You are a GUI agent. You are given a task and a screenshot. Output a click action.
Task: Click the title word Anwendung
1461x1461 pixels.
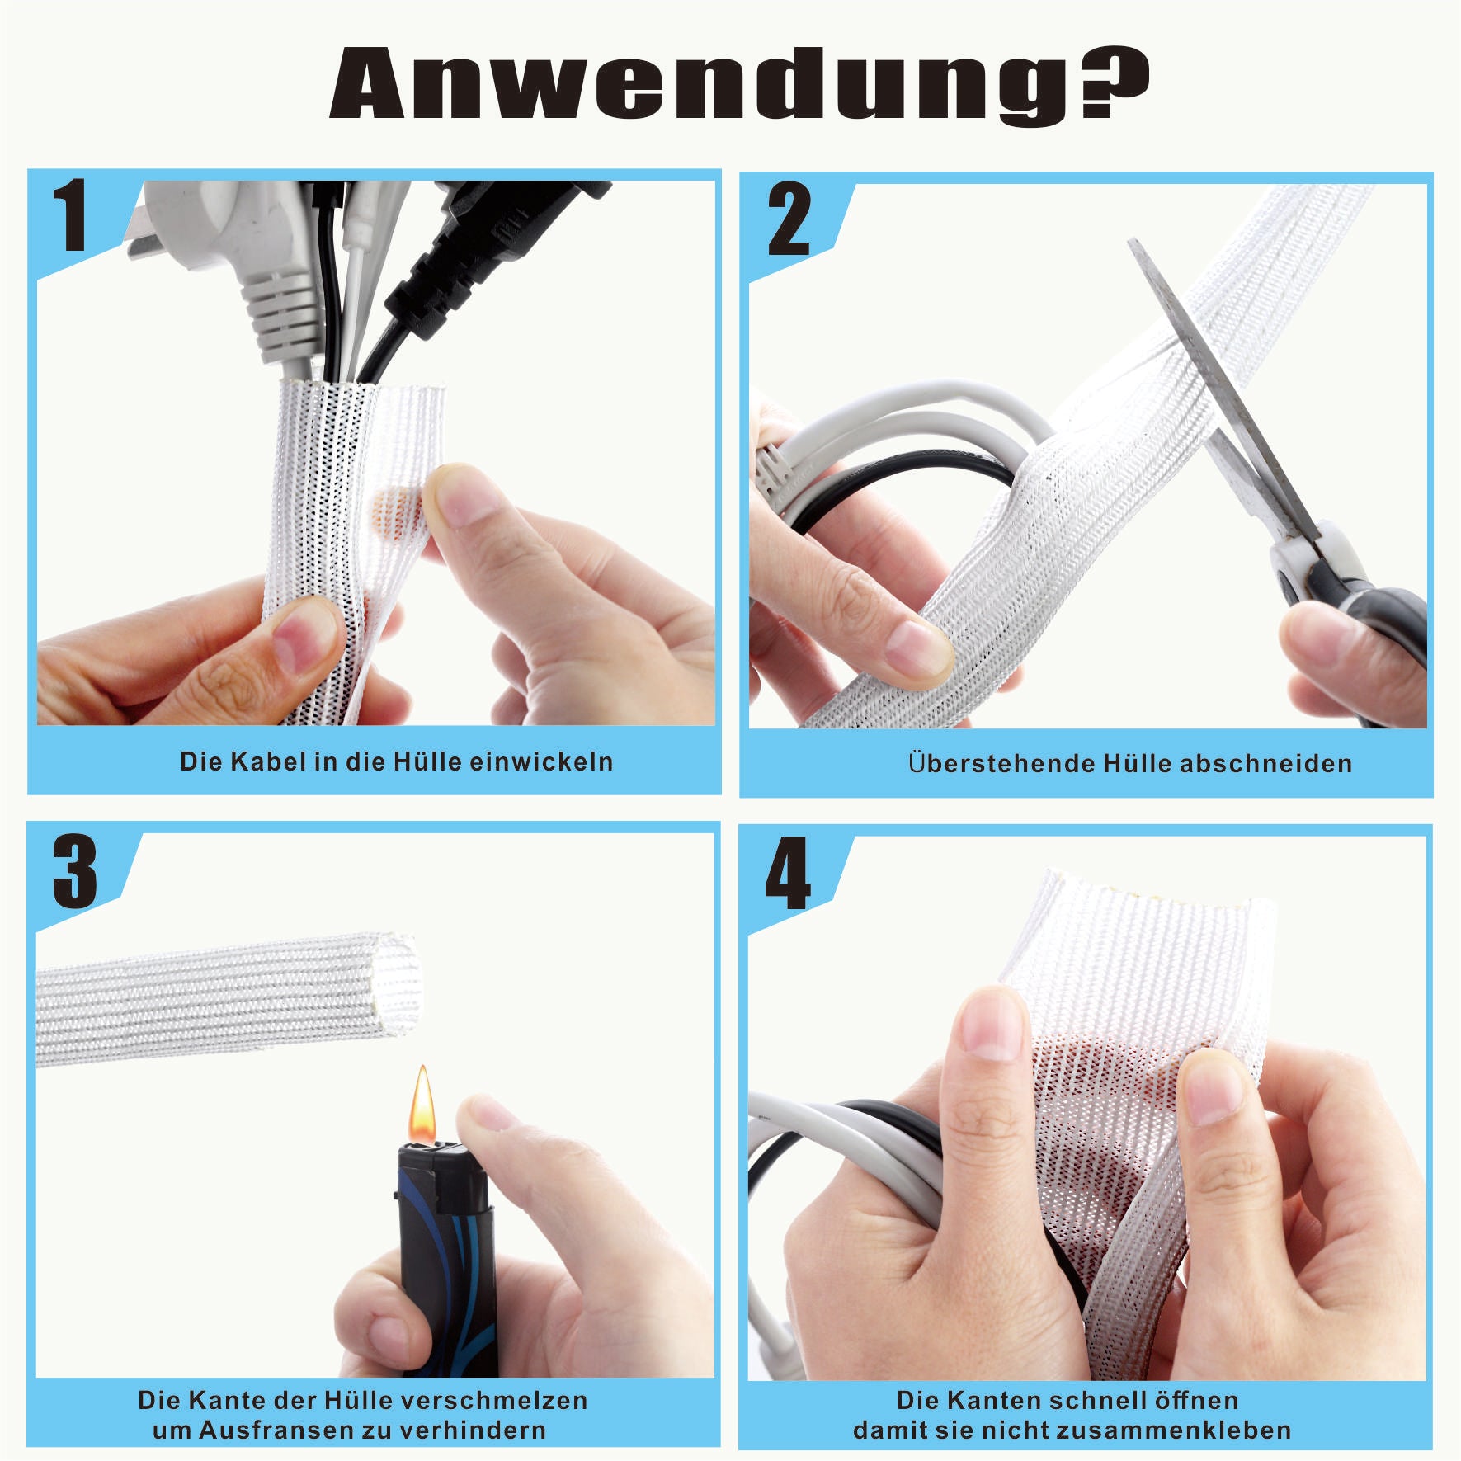(705, 84)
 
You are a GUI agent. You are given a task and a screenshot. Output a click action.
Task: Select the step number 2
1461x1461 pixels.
(789, 219)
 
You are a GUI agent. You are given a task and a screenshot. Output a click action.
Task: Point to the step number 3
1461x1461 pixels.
(75, 871)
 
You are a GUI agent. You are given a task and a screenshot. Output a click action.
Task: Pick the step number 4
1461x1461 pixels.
(788, 874)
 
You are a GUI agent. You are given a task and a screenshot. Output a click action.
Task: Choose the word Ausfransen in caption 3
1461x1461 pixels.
(280, 1430)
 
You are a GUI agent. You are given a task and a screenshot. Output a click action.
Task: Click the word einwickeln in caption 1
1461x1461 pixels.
(542, 761)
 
